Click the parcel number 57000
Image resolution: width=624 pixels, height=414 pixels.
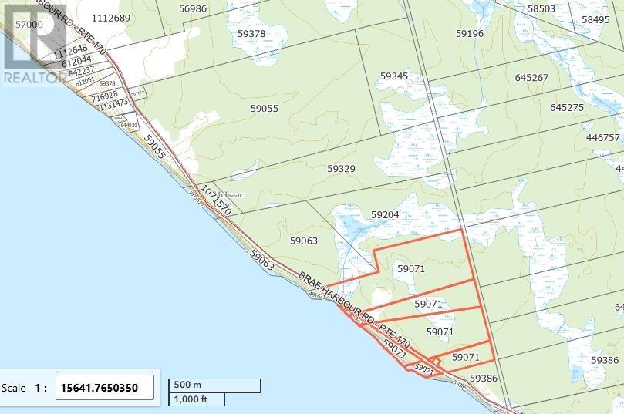coord(29,25)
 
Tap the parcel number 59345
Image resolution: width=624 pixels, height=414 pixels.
coord(393,76)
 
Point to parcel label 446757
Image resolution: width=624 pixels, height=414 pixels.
coord(603,137)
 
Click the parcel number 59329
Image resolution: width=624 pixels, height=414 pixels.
coord(341,167)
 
